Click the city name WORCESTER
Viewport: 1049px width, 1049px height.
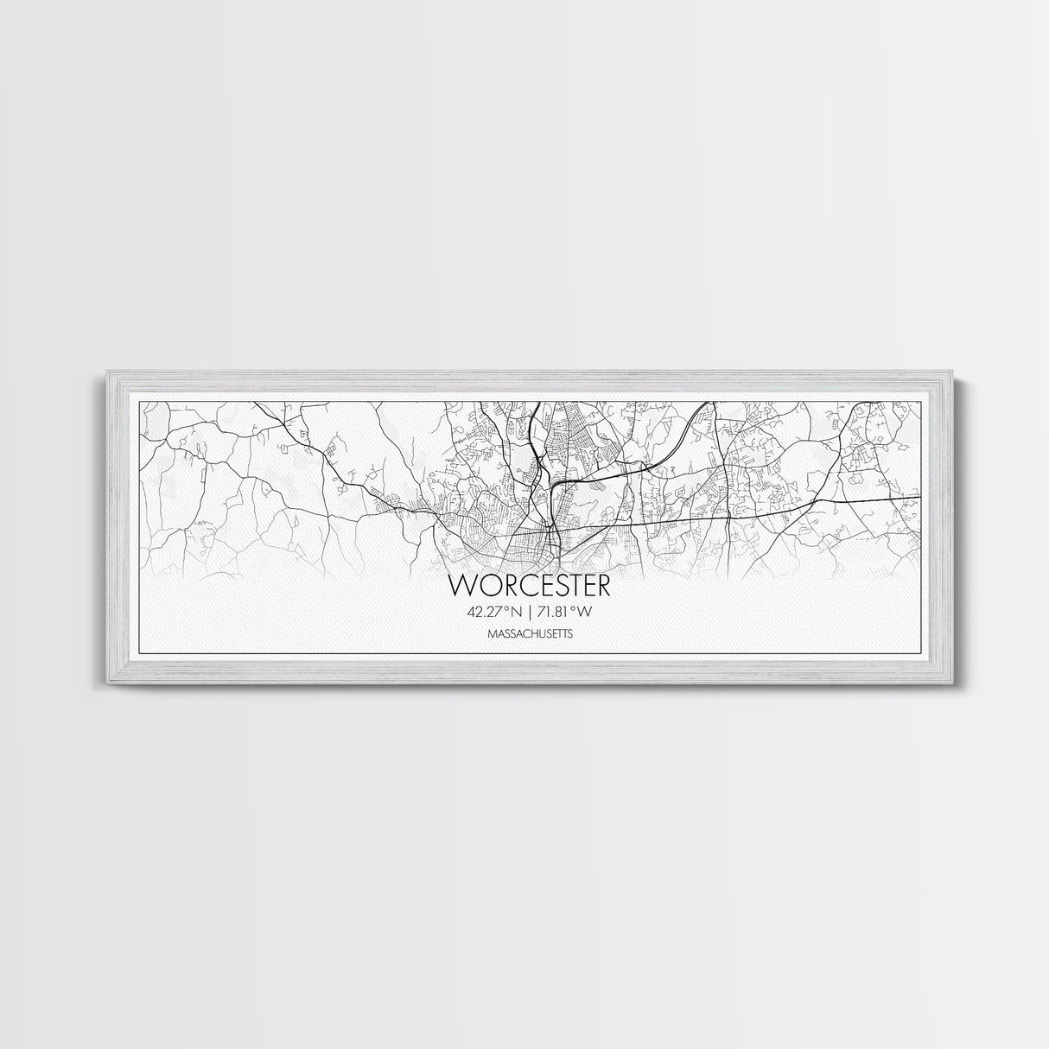[530, 585]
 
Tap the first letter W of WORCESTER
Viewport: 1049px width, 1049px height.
[461, 585]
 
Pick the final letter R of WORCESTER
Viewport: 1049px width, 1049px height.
[601, 585]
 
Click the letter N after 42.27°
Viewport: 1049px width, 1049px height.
[517, 613]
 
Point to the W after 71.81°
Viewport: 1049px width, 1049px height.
[592, 613]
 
